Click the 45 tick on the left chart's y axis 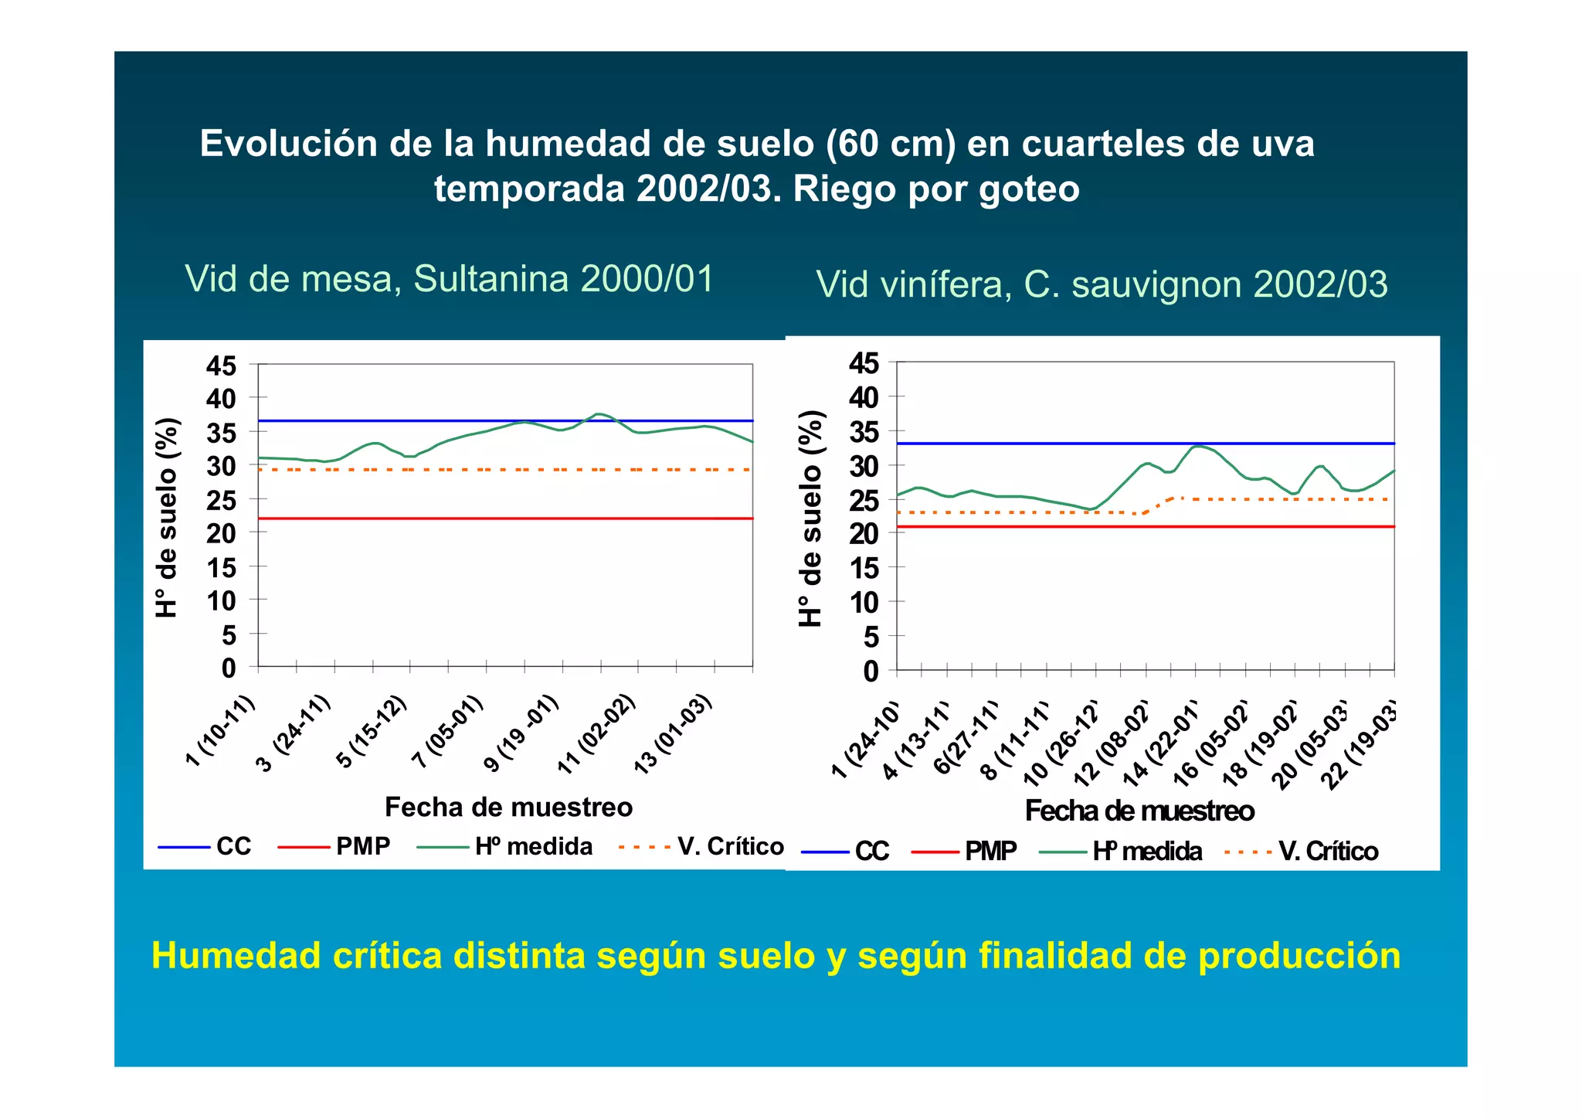221,366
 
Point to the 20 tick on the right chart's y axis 864,534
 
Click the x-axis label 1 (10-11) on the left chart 221,730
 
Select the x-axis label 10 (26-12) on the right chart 1062,745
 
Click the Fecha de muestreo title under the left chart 508,808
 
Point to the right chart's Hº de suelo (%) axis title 810,518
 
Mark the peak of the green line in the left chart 598,414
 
